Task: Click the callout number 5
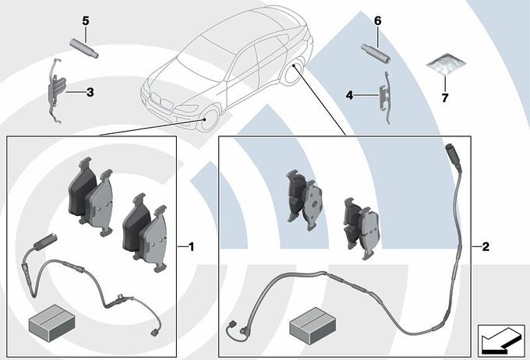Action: pos(86,21)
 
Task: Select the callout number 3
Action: pos(90,92)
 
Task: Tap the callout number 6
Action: pos(377,21)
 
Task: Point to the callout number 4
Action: pos(349,95)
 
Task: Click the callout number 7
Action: pos(445,97)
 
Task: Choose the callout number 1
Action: pos(191,247)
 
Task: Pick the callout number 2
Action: pos(486,247)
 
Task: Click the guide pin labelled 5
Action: pos(84,48)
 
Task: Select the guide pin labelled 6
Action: pos(376,54)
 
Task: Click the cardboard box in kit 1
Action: pos(51,322)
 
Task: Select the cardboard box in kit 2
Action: pos(313,326)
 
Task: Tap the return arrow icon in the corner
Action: pos(501,341)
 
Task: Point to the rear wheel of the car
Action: pos(294,72)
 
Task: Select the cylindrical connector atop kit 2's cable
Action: pos(453,156)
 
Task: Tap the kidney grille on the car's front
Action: pos(161,101)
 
